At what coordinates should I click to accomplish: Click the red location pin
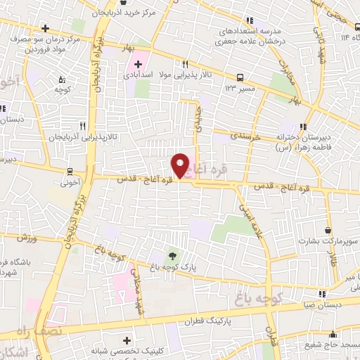(180, 165)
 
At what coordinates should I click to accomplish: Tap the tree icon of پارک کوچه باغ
(172, 255)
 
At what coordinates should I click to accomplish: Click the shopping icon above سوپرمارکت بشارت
(328, 230)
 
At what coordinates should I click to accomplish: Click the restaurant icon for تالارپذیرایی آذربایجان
(82, 126)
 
